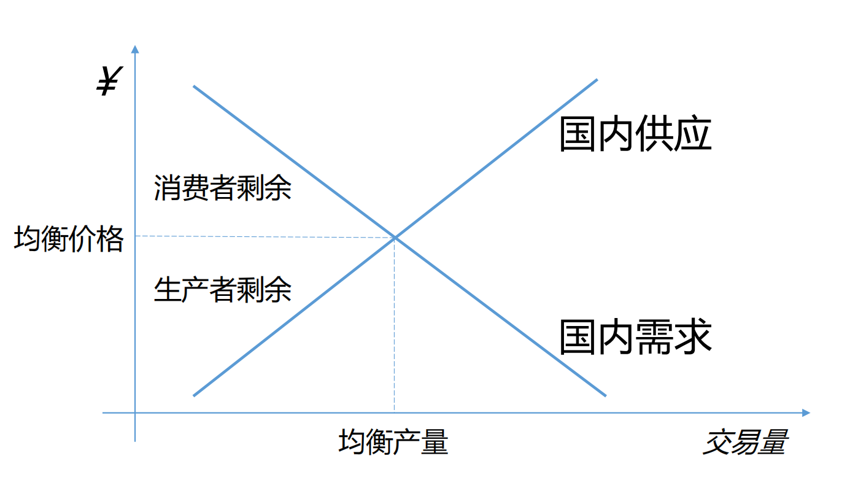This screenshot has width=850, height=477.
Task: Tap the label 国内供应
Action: [x=635, y=134]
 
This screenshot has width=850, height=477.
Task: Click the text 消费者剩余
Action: [x=222, y=188]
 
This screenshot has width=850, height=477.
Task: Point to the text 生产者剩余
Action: [x=222, y=289]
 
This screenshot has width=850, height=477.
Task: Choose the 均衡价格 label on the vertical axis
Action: [x=69, y=239]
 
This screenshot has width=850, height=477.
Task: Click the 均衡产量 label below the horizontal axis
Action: [x=393, y=442]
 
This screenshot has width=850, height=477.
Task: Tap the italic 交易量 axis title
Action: [x=745, y=442]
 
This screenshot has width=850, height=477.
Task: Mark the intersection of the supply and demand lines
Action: [x=395, y=237]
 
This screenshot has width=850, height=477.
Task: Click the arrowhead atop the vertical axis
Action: [x=135, y=49]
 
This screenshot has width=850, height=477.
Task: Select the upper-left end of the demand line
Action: [x=194, y=87]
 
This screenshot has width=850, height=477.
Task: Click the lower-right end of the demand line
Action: [x=605, y=395]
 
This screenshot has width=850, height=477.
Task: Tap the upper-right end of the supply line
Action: [x=597, y=80]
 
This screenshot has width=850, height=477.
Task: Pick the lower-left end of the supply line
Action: [x=194, y=395]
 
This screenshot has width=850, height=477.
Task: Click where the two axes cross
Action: [x=135, y=413]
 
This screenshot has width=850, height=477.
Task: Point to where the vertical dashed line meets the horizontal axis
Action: [x=394, y=413]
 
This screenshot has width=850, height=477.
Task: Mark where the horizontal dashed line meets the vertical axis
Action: [x=135, y=236]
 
